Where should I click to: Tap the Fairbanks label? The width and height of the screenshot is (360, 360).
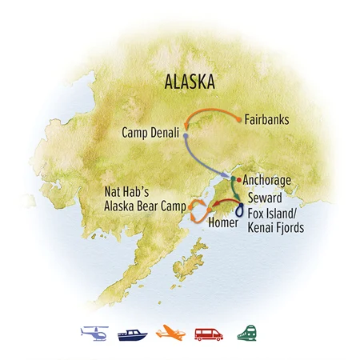pyautogui.click(x=268, y=122)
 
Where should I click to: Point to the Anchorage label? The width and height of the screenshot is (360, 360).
pyautogui.click(x=268, y=181)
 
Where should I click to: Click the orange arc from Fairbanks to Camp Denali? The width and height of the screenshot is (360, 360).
pyautogui.click(x=210, y=108)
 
